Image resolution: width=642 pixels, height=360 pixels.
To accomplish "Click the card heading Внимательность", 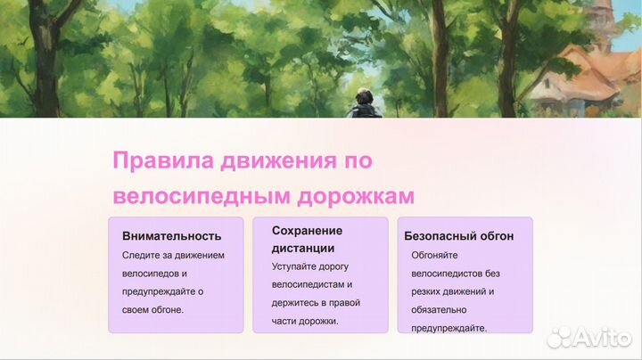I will pyautogui.click(x=171, y=236).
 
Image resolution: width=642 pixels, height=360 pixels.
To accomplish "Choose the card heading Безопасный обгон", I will pyautogui.click(x=458, y=236).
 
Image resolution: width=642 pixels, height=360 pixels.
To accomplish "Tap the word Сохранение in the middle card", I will pyautogui.click(x=307, y=230).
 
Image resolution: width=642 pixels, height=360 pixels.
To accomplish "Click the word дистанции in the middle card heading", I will pyautogui.click(x=303, y=248).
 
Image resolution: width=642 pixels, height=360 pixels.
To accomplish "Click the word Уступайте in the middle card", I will pyautogui.click(x=297, y=266).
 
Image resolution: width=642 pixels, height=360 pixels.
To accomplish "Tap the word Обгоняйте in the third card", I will pyautogui.click(x=437, y=255).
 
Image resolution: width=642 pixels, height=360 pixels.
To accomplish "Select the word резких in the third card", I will pyautogui.click(x=428, y=291).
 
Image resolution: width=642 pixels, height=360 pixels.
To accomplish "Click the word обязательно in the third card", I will pyautogui.click(x=440, y=309).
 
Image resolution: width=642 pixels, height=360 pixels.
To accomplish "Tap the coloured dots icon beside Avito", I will pyautogui.click(x=559, y=336).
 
